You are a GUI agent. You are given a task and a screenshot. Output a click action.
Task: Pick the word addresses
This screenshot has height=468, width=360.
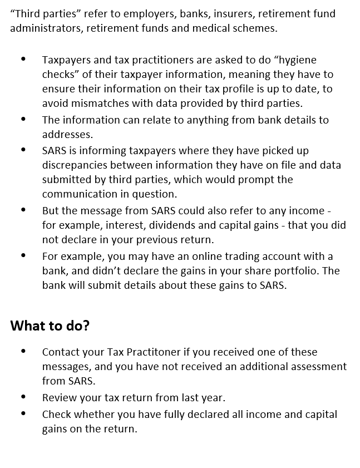click(x=66, y=135)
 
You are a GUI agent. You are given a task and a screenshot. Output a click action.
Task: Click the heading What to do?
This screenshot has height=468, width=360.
click(x=50, y=326)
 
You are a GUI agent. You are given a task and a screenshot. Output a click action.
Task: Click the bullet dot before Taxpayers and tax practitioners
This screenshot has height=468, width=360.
click(x=23, y=59)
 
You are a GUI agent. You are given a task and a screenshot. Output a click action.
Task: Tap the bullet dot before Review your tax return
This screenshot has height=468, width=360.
click(x=23, y=397)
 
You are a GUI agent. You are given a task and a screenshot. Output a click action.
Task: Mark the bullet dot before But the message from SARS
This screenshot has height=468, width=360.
click(x=23, y=210)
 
